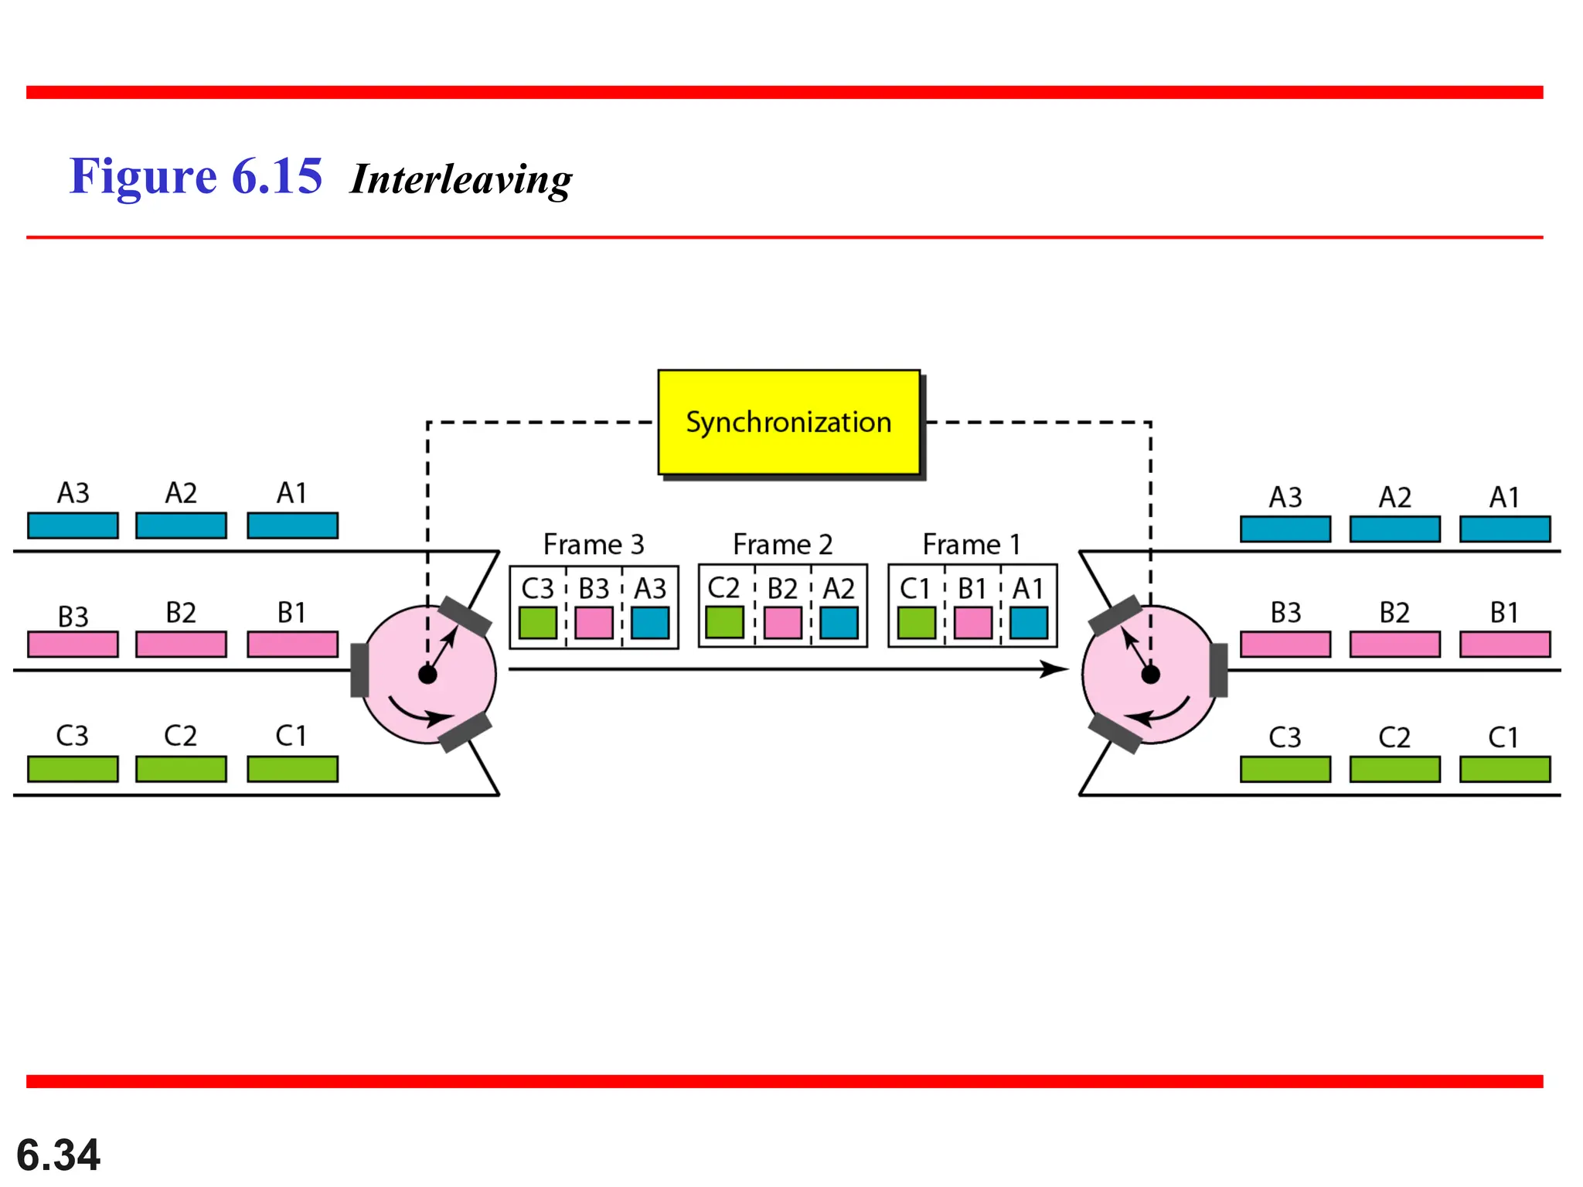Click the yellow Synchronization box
pos(788,422)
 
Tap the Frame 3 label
pos(593,545)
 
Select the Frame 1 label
pos(971,545)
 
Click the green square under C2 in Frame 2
pos(724,622)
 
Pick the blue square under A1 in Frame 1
pos(1028,623)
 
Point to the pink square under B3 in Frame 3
pos(594,623)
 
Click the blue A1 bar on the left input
pos(292,525)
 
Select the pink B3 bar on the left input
pos(73,645)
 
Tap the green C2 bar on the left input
pos(181,769)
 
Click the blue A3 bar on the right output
pos(1285,529)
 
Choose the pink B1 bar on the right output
pos(1504,645)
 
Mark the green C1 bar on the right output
pos(1504,770)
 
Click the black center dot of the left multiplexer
pos(427,675)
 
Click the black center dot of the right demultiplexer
pos(1150,675)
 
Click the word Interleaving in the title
pos(461,179)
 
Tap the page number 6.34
pos(58,1155)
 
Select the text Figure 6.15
pos(196,176)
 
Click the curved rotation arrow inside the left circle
pos(417,714)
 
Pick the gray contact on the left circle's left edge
pos(359,670)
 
